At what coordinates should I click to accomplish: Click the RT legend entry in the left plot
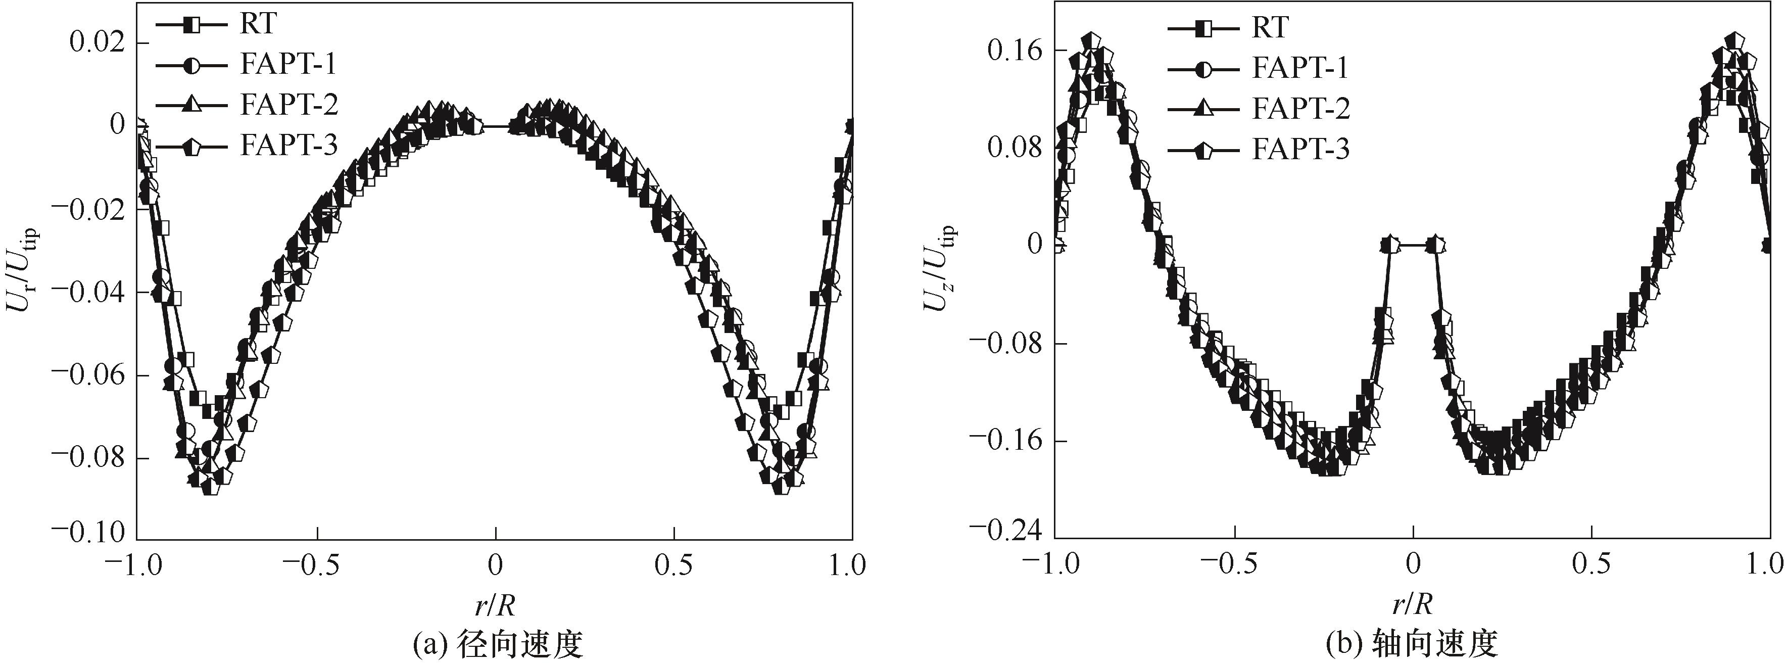[x=258, y=24]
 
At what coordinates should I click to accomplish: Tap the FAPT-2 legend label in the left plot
[x=288, y=105]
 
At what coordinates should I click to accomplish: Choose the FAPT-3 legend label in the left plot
[x=288, y=146]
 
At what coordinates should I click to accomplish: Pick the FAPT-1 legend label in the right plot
[x=1300, y=68]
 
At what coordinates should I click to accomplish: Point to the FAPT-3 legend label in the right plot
[x=1300, y=150]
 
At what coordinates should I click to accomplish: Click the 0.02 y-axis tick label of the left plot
[x=97, y=43]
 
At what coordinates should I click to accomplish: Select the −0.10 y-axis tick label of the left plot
[x=88, y=532]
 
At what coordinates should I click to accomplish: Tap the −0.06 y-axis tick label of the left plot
[x=88, y=375]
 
